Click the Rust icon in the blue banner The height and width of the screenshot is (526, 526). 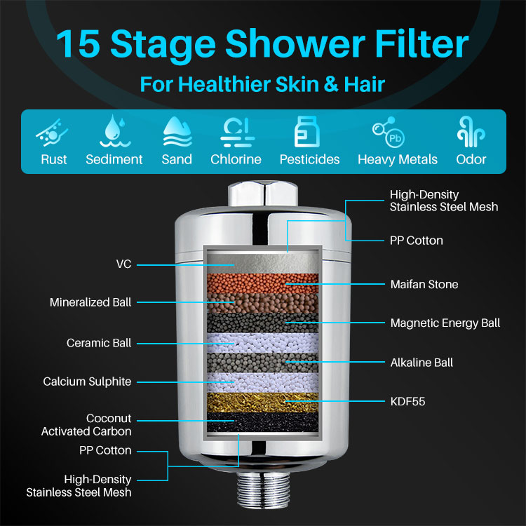tap(52, 133)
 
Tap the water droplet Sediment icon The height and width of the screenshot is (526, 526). tap(115, 131)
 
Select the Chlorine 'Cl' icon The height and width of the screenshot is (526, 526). tap(237, 133)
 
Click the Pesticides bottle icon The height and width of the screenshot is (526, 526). tap(307, 132)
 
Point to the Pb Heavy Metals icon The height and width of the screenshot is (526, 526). tap(389, 132)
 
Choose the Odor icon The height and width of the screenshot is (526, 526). tap(471, 132)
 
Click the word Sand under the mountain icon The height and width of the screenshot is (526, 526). tap(177, 159)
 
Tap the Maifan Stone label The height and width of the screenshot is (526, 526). tap(424, 285)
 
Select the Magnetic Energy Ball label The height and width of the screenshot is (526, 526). tap(445, 323)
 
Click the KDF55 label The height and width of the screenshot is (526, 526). tap(407, 402)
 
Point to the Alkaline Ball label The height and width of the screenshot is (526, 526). tap(422, 363)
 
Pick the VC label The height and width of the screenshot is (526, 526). tap(123, 264)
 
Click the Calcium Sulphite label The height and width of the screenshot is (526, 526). tap(87, 382)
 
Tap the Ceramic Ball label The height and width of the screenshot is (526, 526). tap(99, 343)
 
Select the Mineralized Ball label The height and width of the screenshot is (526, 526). tap(90, 302)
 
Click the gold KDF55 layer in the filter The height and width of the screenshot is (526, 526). tap(263, 403)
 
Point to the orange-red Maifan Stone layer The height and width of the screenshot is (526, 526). tap(263, 283)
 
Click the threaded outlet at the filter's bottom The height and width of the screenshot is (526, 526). tap(263, 490)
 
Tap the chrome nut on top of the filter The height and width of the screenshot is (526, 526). tap(263, 194)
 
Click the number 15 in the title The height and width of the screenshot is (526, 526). tap(78, 43)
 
